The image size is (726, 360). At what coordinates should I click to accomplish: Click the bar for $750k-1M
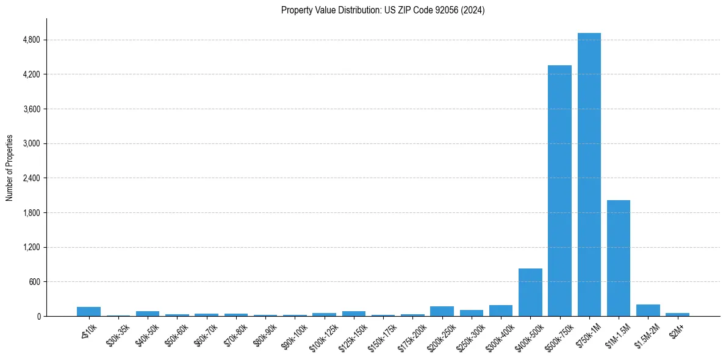click(589, 175)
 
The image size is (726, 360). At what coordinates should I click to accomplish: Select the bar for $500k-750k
click(559, 190)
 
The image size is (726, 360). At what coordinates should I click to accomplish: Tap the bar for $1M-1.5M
click(618, 258)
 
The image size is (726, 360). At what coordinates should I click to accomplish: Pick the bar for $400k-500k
click(530, 292)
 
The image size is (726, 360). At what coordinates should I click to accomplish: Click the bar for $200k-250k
click(442, 311)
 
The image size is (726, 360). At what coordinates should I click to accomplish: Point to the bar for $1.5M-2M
click(648, 311)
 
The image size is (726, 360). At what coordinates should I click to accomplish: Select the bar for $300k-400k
click(501, 311)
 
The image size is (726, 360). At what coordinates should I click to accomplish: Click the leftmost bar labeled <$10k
click(88, 312)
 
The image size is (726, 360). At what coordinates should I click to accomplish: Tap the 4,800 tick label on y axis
click(31, 40)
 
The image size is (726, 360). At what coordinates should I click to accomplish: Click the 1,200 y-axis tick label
click(31, 248)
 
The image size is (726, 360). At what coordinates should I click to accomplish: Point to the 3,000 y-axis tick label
click(31, 144)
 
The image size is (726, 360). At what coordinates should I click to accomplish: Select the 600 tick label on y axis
click(34, 282)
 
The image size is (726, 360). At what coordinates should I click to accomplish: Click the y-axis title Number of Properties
click(10, 168)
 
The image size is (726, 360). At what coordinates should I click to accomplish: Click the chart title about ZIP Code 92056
click(383, 10)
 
